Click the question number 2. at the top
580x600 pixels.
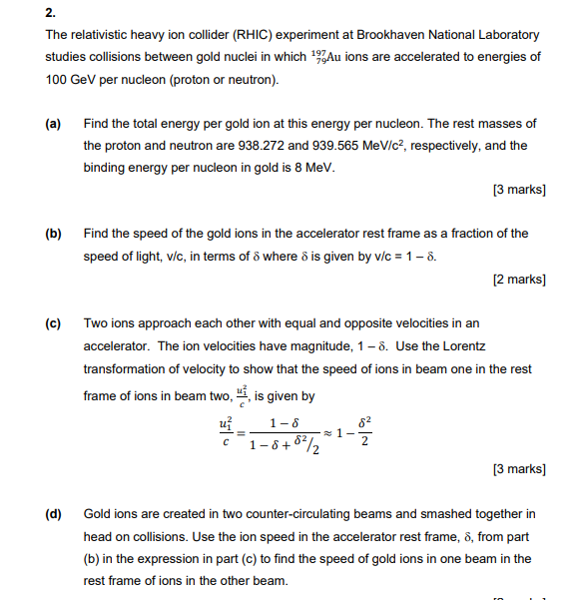[50, 14]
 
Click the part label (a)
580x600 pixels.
[53, 124]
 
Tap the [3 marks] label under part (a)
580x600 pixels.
[519, 190]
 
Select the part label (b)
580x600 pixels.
[53, 234]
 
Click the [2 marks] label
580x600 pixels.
[519, 279]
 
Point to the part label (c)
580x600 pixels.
[53, 323]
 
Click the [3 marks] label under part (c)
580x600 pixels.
[519, 468]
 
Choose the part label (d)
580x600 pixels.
[53, 514]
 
